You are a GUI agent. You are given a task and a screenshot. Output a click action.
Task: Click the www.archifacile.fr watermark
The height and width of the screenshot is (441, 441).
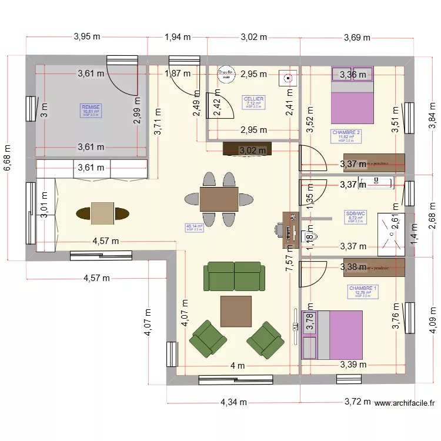(x=404, y=403)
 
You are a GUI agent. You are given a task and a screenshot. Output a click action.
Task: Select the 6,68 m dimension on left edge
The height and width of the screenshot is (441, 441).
(x=7, y=159)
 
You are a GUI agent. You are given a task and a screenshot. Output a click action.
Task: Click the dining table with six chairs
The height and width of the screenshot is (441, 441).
(x=219, y=199)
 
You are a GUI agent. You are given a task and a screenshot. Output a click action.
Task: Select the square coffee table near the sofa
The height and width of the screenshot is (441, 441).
(x=236, y=311)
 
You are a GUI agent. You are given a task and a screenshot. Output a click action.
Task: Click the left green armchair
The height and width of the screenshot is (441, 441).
(x=208, y=339)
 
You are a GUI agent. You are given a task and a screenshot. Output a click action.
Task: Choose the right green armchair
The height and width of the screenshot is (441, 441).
(x=266, y=339)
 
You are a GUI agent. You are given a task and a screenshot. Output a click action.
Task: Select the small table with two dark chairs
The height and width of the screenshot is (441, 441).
(x=103, y=213)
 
